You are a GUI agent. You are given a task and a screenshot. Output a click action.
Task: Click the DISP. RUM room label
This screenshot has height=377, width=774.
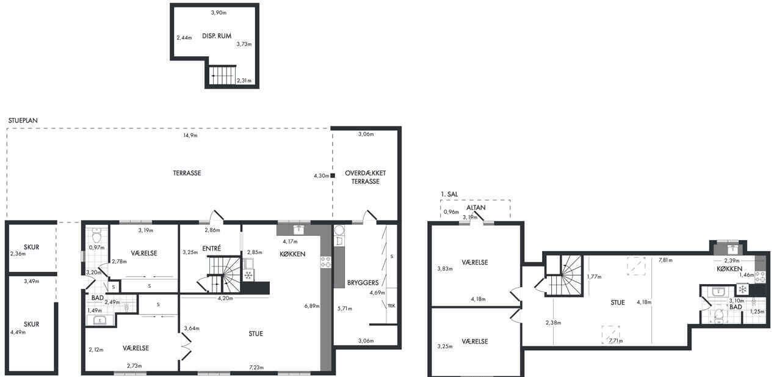217,36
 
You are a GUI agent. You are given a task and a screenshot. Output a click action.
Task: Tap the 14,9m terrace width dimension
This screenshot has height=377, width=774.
190,135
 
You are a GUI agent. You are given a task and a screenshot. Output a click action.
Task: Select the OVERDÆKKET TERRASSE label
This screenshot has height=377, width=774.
365,177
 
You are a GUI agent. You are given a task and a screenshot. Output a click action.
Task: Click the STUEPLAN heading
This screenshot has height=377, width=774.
23,120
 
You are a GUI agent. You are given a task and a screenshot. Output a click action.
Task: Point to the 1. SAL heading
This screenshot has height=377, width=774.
449,194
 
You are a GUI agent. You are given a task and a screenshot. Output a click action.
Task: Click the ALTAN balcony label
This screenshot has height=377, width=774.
476,208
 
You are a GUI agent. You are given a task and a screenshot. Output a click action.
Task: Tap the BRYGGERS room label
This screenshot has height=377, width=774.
363,282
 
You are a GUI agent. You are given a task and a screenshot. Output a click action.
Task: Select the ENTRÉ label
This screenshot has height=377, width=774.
211,248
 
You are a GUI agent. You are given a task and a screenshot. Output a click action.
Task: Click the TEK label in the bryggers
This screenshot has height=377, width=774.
391,306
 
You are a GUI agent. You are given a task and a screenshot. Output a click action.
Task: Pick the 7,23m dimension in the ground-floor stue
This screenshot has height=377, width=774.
256,367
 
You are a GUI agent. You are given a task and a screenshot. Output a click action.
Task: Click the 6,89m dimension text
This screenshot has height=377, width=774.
312,306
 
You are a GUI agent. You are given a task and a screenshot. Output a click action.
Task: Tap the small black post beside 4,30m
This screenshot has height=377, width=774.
333,175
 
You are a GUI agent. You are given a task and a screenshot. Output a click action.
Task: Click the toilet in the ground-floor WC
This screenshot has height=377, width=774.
96,236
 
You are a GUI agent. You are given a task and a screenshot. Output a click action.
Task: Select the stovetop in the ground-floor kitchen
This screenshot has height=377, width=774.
326,262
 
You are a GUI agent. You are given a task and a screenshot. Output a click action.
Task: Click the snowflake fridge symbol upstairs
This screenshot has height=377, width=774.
742,289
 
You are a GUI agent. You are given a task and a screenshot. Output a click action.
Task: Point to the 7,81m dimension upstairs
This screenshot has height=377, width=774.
665,260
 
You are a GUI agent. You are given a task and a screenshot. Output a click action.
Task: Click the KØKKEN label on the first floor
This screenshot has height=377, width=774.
729,269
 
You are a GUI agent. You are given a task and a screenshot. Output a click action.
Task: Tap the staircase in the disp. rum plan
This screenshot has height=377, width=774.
223,75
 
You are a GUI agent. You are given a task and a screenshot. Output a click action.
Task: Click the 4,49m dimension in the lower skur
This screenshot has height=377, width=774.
18,332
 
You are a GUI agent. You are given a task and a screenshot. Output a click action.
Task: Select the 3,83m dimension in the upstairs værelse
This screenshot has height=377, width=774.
445,269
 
